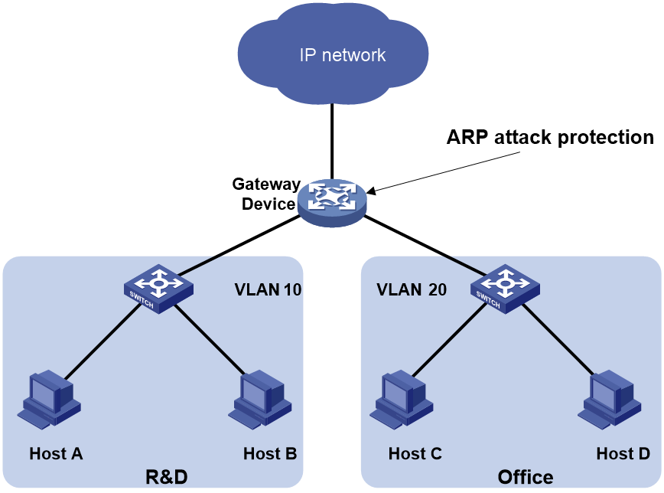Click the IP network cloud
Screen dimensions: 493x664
coord(332,54)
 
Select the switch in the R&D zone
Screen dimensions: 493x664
coord(158,288)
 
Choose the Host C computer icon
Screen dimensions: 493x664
coord(399,399)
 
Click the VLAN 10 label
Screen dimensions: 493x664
coord(268,290)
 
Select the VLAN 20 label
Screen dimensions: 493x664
coord(412,290)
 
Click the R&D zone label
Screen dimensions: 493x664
coord(166,478)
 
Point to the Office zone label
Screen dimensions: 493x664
coord(526,478)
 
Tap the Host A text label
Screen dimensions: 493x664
coord(56,453)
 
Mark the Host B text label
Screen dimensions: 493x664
coord(270,453)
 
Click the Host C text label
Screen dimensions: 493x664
coord(415,453)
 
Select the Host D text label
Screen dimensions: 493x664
coord(623,453)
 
